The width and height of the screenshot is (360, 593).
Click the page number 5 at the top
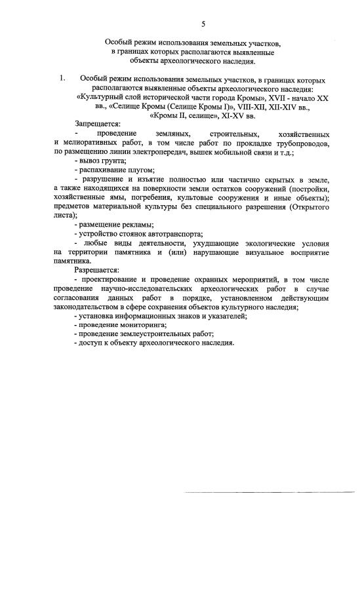click(203, 24)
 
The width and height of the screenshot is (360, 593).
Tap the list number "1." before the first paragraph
click(62, 78)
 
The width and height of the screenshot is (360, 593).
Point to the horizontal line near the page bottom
click(268, 491)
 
